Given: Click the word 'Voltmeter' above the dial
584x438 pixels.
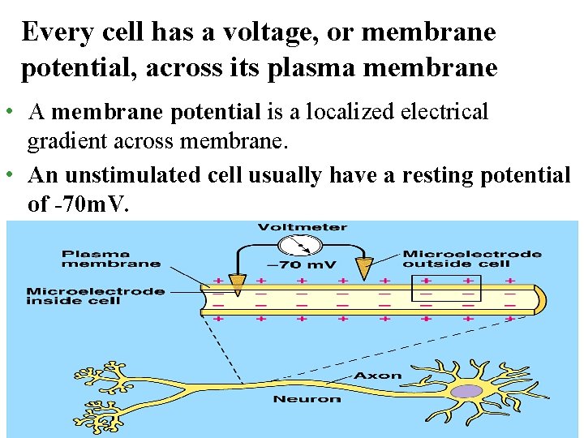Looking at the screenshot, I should (x=302, y=227).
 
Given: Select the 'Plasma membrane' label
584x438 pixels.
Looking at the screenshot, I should (x=111, y=257).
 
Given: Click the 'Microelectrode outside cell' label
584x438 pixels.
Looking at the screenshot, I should (x=472, y=258).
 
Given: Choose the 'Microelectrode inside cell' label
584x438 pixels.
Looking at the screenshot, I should (x=96, y=296).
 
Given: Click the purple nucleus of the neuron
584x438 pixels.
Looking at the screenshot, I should (x=466, y=391).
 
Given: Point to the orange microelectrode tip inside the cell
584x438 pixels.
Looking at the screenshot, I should (x=237, y=284).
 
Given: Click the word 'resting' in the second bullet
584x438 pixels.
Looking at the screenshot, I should (x=422, y=174).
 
